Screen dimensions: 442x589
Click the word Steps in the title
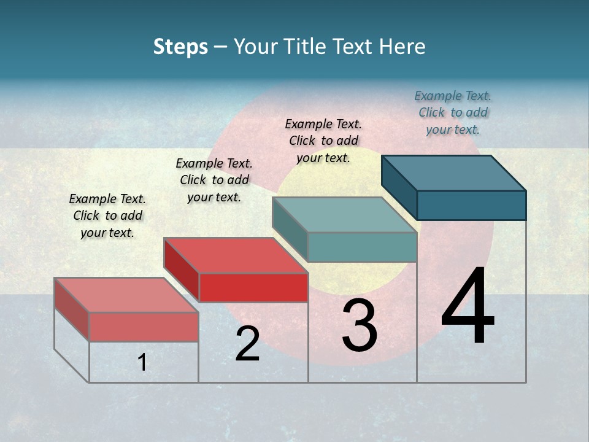click(180, 47)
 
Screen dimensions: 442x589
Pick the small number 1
click(142, 362)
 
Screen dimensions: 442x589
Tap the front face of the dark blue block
click(471, 205)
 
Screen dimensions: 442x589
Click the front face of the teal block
click(362, 247)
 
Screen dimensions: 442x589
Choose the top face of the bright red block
click(236, 255)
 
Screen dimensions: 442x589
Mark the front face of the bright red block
click(253, 287)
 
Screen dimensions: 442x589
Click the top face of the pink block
click(126, 295)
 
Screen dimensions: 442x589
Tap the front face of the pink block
click(144, 327)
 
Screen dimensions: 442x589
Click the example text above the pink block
click(107, 215)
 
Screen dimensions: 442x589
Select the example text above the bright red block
click(214, 180)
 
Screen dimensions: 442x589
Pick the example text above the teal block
click(323, 141)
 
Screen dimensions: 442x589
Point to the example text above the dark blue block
click(453, 112)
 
